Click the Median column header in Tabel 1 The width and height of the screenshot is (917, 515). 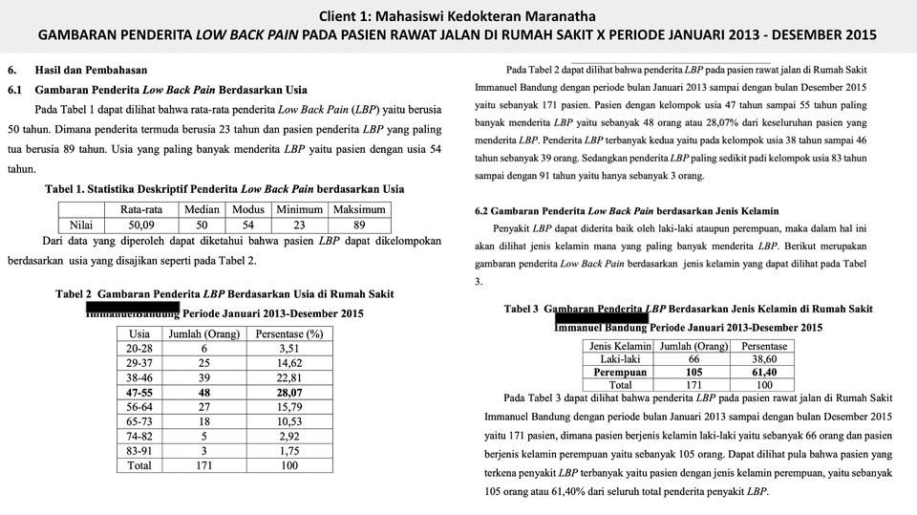(x=202, y=210)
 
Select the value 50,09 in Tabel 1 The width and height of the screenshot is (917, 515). (x=140, y=225)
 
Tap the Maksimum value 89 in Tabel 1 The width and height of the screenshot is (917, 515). (x=358, y=225)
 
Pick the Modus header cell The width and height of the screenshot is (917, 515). (x=248, y=210)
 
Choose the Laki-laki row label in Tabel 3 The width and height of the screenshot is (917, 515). (x=619, y=358)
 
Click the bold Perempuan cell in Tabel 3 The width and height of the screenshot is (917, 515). (x=619, y=372)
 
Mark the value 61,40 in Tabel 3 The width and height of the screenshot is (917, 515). (x=764, y=372)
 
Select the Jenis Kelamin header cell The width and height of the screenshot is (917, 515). (x=620, y=345)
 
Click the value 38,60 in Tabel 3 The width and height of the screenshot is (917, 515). (x=764, y=358)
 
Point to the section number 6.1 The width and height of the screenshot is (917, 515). (x=14, y=89)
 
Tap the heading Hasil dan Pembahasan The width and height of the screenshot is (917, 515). (x=92, y=71)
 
